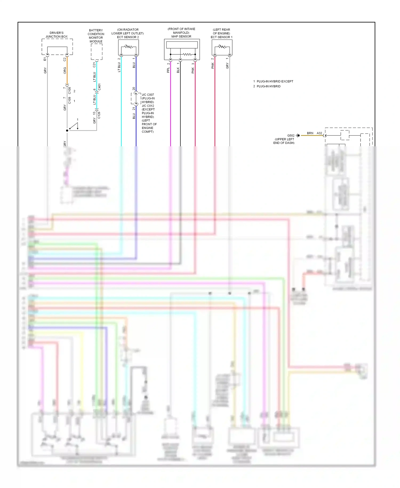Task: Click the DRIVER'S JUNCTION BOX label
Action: [x=57, y=35]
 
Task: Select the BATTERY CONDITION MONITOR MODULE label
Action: [x=96, y=36]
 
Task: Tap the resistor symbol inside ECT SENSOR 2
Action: [x=129, y=47]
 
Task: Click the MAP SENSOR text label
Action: [x=181, y=37]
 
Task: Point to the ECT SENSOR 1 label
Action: [x=221, y=37]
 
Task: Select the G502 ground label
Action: [x=291, y=136]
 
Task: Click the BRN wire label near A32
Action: [x=310, y=133]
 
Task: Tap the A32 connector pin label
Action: [x=319, y=133]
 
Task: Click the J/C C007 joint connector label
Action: [x=148, y=95]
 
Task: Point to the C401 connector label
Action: [x=99, y=87]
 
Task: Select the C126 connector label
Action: [x=99, y=115]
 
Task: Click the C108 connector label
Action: [x=70, y=90]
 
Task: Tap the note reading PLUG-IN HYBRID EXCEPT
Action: [x=275, y=81]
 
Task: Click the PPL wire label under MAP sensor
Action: [x=168, y=70]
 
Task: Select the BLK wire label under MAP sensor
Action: [x=178, y=70]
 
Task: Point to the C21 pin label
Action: [x=94, y=65]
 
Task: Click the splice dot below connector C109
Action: [x=67, y=131]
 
